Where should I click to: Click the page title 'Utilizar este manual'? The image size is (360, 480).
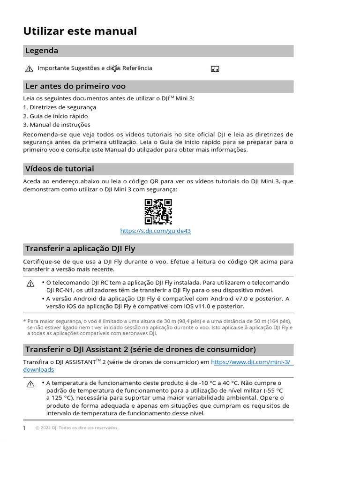80,31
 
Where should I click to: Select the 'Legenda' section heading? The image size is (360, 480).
42,51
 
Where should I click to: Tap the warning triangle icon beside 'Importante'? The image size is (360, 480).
29,69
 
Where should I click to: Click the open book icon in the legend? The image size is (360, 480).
215,69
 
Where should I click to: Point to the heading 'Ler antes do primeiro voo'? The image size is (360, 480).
75,86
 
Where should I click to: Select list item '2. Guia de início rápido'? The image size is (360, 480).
55,116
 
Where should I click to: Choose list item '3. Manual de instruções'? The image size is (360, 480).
57,125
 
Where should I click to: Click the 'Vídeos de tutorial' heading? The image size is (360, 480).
60,169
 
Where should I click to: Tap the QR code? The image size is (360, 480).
158,211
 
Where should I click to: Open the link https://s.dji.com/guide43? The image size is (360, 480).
156,231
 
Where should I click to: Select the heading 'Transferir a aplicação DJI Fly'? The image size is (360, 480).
80,249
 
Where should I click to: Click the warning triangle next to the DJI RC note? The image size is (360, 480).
30,284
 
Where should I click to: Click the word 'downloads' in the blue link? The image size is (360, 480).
38,370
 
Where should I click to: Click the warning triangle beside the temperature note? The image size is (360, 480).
30,384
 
